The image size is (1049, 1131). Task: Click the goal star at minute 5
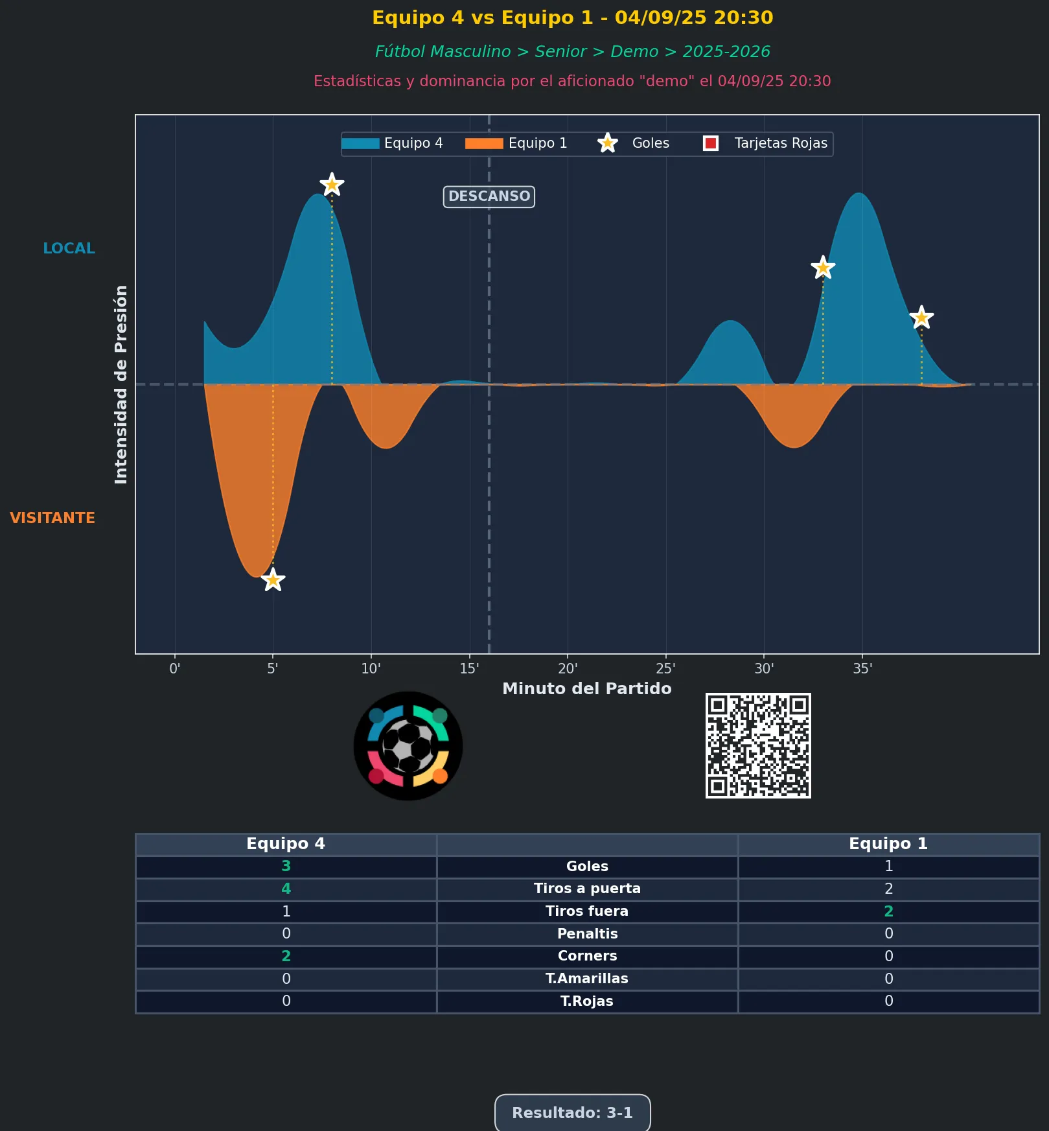coord(273,579)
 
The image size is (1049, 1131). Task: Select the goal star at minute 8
coord(332,185)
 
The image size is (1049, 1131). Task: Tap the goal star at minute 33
coord(823,267)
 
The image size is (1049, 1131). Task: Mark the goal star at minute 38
coord(921,318)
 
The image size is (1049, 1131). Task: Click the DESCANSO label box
coord(489,196)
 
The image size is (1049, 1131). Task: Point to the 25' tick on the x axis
coord(665,669)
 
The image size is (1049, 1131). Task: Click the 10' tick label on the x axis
coord(371,669)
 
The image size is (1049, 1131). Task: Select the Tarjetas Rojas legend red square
coord(711,143)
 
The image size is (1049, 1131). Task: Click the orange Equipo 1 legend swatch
coord(484,143)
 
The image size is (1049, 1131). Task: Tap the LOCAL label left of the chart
coord(69,248)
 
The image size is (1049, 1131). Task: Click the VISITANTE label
coord(52,518)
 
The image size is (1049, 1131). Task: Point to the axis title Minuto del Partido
coord(587,688)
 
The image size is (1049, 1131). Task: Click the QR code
coord(758,745)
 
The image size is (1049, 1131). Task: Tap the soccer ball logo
coord(408,746)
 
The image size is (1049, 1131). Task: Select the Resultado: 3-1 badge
coord(572,1113)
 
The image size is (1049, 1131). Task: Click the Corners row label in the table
coord(587,956)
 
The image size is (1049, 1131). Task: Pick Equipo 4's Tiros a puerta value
coord(286,889)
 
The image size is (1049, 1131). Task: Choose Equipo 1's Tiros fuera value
coord(888,911)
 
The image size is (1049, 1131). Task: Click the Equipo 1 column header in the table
coord(888,844)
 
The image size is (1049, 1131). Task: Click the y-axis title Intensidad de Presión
coord(121,384)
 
